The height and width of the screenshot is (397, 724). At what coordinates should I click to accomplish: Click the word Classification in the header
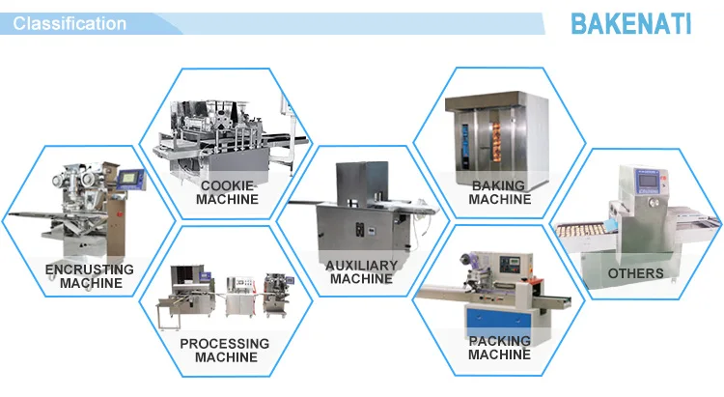70,23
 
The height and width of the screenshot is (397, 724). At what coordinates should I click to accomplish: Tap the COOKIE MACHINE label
227,192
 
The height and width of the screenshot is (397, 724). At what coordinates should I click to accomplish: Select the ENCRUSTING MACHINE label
91,276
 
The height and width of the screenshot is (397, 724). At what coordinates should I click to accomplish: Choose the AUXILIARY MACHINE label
362,271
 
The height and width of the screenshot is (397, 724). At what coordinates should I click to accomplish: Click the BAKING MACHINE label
499,192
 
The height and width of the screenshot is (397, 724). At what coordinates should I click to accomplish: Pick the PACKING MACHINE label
499,348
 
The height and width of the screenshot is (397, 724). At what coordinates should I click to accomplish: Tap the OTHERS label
636,274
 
